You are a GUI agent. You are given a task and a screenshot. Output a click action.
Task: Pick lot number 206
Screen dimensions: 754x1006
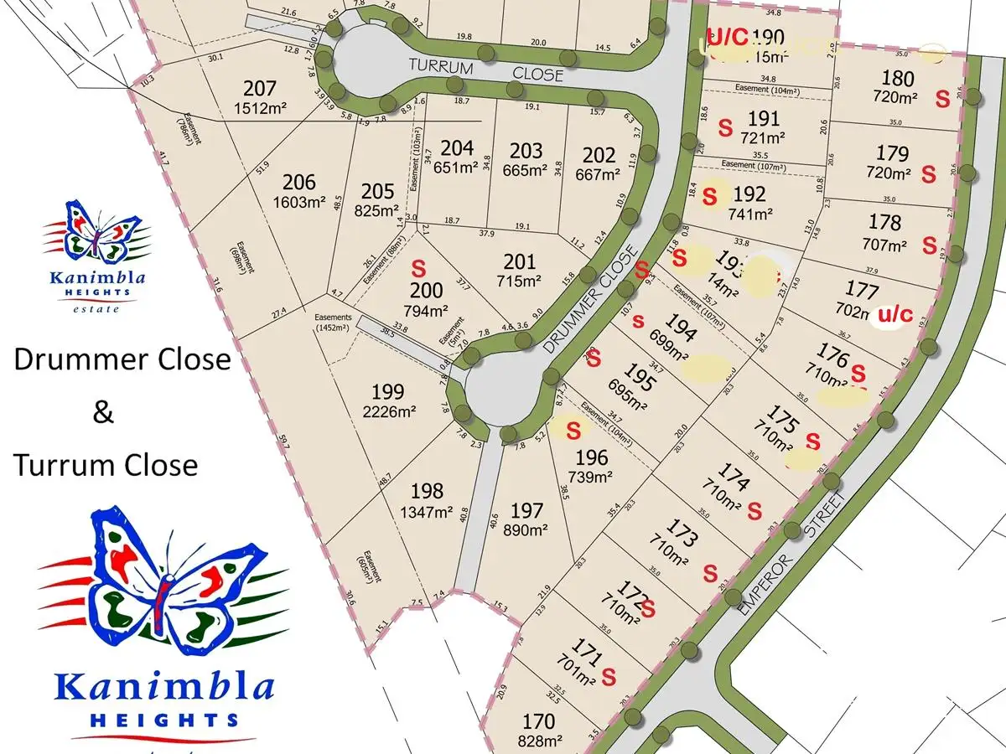pos(299,183)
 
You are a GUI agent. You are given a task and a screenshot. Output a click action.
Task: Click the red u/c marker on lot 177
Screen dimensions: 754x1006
pos(894,315)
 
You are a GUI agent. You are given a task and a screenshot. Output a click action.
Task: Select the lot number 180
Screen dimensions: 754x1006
pos(898,78)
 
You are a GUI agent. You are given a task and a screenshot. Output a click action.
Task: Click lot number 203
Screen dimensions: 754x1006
pos(526,151)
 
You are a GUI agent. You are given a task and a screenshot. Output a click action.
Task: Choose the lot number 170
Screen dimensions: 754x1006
pos(538,721)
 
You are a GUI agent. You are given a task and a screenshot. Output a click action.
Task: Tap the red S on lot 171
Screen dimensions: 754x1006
pos(609,673)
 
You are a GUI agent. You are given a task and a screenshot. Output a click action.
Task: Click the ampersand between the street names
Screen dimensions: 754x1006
pos(103,412)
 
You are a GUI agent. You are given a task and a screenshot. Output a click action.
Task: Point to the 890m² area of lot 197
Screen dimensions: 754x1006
pos(526,529)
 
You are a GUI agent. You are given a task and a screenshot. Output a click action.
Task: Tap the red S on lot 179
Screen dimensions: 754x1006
pos(928,175)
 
